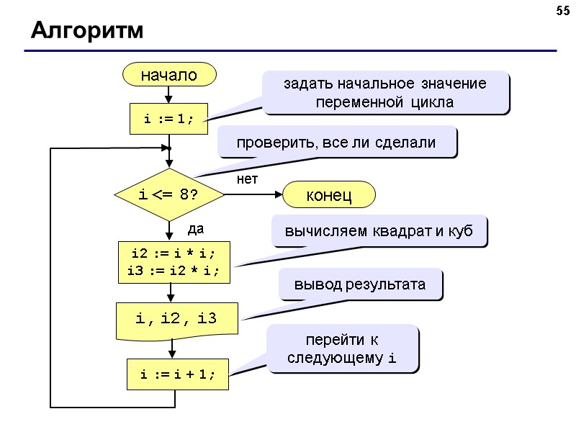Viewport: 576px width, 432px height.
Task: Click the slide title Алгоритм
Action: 86,32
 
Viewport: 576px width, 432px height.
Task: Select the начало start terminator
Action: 169,74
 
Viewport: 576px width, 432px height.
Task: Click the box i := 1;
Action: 169,119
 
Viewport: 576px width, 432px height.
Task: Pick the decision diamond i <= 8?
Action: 169,195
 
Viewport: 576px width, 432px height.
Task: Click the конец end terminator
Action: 329,195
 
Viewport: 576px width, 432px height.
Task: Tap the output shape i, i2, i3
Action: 177,318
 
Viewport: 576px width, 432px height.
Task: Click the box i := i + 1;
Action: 178,374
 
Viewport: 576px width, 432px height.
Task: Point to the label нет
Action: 247,179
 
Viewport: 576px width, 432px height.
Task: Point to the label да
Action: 196,230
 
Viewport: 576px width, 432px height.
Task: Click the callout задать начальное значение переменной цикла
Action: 385,93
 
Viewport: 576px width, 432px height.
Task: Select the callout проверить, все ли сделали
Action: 336,143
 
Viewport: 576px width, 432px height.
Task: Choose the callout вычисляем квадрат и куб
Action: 379,232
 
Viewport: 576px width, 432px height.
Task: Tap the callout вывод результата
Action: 360,285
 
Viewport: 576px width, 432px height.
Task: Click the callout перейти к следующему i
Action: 342,347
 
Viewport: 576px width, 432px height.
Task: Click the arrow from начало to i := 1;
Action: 169,94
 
